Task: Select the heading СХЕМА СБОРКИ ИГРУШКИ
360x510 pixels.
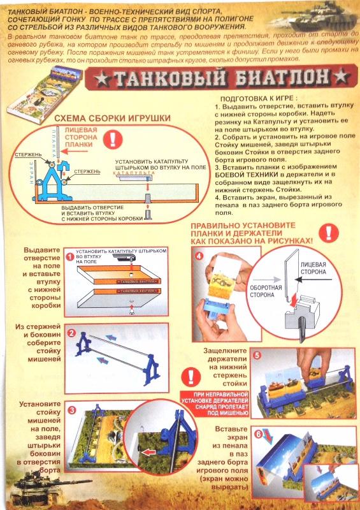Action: pos(112,119)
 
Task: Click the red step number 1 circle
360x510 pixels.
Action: pos(69,256)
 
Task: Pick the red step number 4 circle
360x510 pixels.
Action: pos(199,257)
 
